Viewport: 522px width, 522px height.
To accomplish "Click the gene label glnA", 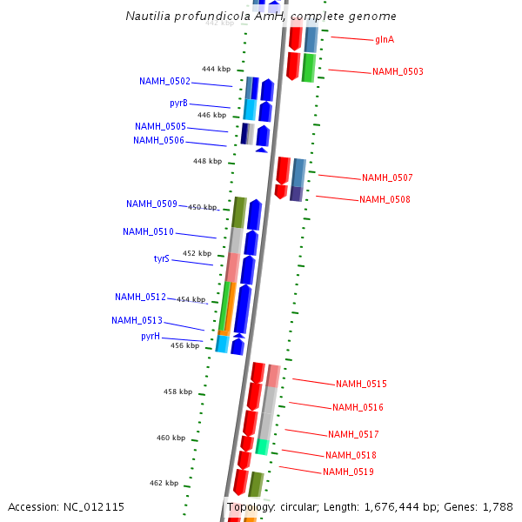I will [384, 40].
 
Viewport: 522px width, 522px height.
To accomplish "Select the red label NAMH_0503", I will [398, 72].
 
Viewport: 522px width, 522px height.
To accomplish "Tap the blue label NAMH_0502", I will [164, 82].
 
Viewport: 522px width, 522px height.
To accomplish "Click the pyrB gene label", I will [178, 103].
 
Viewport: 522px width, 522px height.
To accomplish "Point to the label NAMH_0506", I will [158, 141].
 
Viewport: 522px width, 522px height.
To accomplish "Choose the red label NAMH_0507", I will [387, 178].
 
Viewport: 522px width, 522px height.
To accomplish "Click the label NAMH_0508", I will [385, 200].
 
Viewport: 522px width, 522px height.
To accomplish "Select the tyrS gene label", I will [162, 259].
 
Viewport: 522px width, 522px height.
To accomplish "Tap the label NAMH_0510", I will [148, 232].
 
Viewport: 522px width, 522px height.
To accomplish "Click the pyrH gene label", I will [151, 337].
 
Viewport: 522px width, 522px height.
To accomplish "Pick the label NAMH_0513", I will [137, 321].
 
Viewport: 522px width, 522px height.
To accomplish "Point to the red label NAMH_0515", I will [361, 385].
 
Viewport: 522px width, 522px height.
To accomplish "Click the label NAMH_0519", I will [348, 472].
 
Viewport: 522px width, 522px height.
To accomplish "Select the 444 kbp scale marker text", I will [216, 69].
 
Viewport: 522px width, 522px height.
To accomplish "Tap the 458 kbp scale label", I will [177, 392].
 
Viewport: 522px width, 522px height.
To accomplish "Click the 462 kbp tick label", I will [164, 484].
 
